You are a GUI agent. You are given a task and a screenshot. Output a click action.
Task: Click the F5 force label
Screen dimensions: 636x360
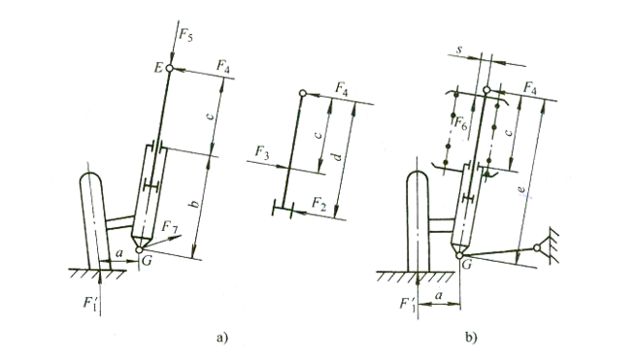coord(186,36)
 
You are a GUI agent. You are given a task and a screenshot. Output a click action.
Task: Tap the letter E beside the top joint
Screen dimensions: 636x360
coord(158,68)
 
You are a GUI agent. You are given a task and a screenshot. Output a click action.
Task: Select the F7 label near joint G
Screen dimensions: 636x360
coord(170,227)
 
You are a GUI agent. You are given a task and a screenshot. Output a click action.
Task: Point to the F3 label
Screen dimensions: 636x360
coord(262,153)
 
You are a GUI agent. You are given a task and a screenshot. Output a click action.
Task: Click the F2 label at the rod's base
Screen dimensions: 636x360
coord(318,203)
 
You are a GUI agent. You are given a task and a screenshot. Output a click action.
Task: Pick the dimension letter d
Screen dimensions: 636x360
coord(339,156)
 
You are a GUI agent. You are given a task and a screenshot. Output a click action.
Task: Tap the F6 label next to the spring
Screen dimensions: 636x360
coord(461,123)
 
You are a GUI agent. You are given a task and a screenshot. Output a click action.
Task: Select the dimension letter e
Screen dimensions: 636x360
coord(522,189)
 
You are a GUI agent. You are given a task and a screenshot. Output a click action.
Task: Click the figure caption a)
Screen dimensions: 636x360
coord(222,338)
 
